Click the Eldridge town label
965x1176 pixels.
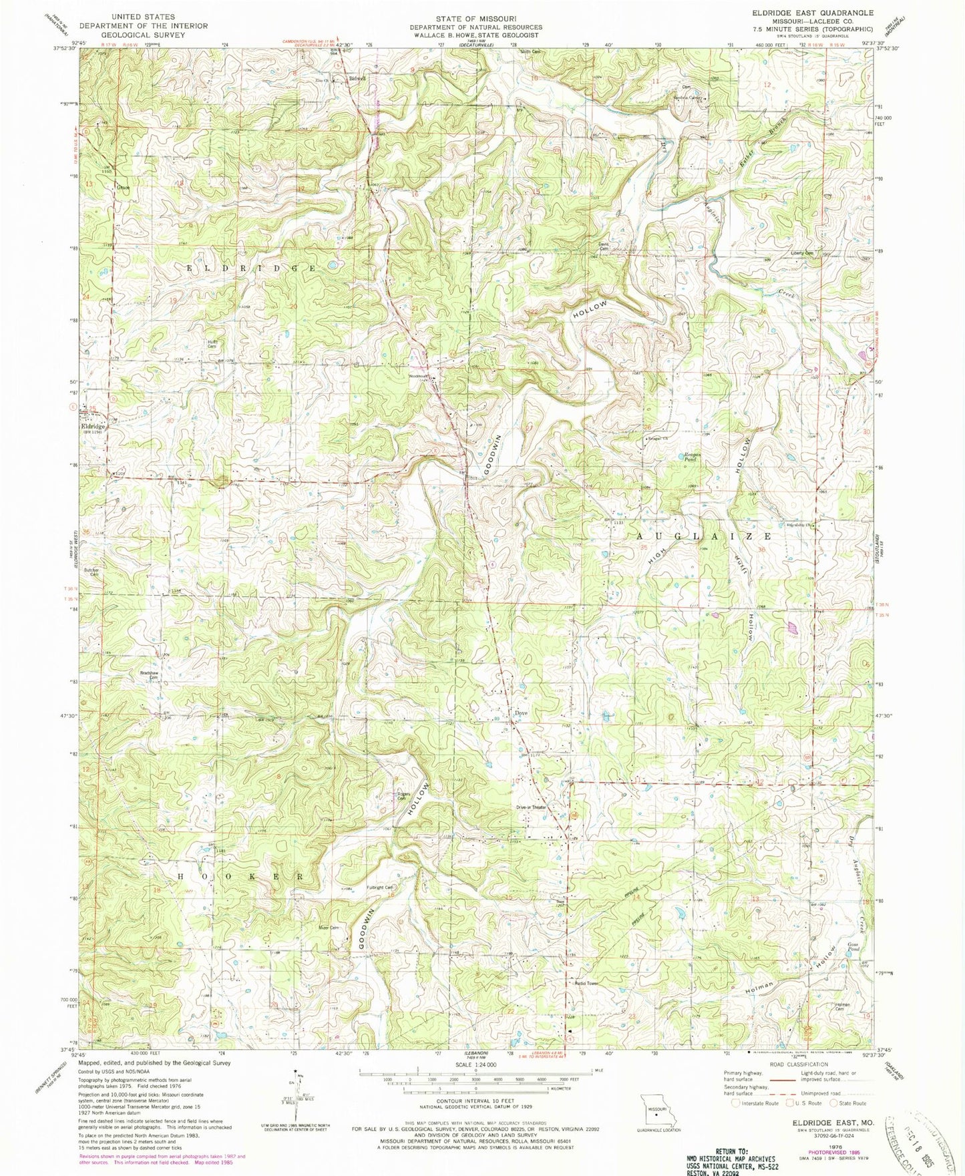click(x=93, y=426)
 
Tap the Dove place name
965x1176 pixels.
click(x=521, y=713)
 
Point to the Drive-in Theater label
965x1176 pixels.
click(x=531, y=807)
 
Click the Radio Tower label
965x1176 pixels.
click(x=585, y=983)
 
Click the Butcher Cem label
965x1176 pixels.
click(x=90, y=572)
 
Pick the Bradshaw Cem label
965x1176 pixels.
click(x=148, y=674)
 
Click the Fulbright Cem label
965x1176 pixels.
click(x=380, y=888)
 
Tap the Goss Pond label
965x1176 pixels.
click(x=853, y=947)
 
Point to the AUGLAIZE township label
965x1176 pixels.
click(x=705, y=536)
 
